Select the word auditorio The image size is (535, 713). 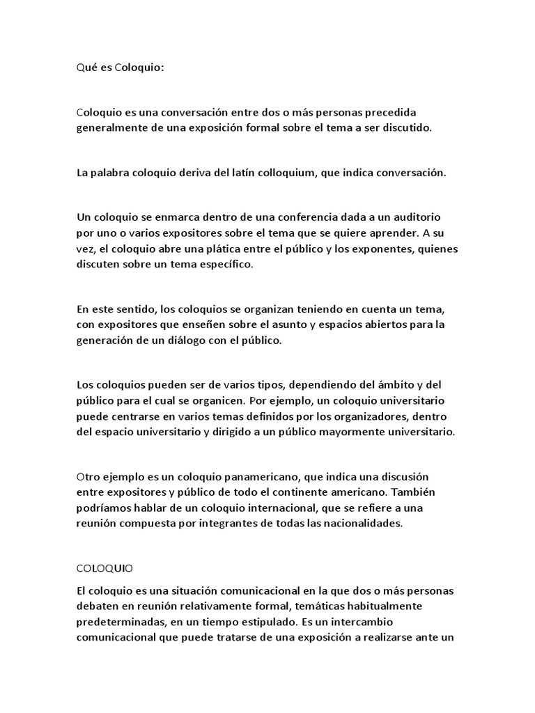[x=418, y=218]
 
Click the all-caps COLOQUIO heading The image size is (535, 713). [x=106, y=568]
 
